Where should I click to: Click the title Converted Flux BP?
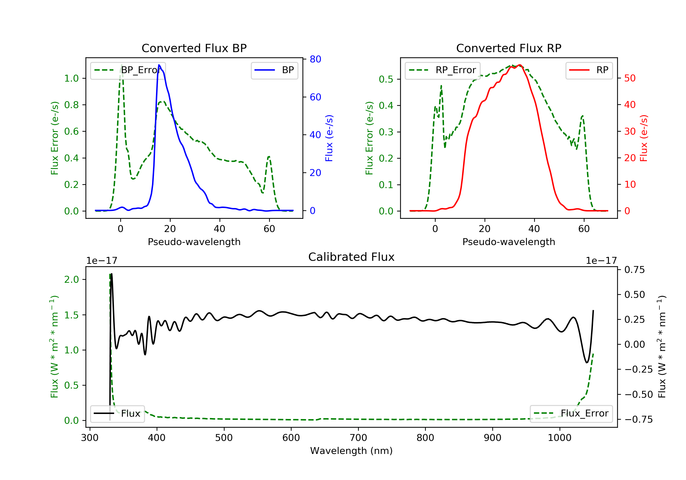pos(194,48)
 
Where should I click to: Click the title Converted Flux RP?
pos(509,48)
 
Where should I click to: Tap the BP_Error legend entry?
pos(128,70)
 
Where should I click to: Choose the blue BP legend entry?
pos(274,70)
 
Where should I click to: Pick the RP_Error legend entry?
pos(442,70)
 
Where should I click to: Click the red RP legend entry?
pos(589,70)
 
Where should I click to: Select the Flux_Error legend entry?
pos(571,413)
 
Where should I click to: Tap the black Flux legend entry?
pos(117,414)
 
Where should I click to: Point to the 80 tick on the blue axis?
pos(315,59)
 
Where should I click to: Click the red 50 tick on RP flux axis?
pos(630,78)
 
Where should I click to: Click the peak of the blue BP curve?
pos(159,65)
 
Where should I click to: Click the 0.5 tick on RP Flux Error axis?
pos(386,79)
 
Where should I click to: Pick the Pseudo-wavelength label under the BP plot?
pos(194,242)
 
